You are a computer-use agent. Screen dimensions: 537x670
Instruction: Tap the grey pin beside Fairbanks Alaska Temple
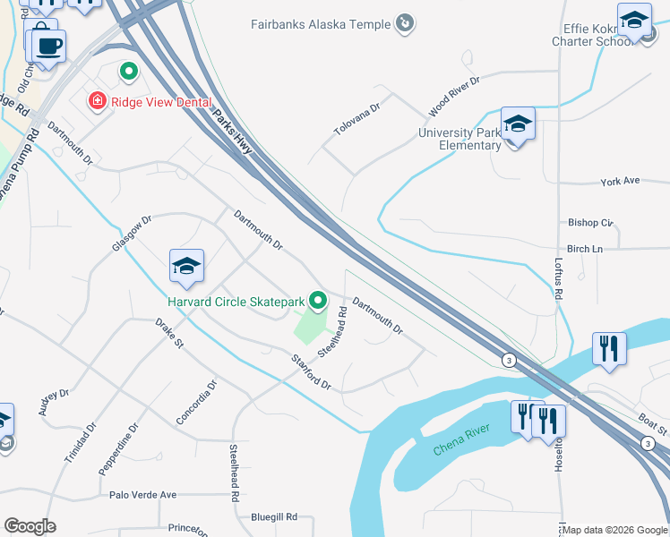pos(405,23)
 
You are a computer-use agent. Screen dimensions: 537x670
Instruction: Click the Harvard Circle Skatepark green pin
pos(316,301)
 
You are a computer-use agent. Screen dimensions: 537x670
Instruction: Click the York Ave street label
pos(620,181)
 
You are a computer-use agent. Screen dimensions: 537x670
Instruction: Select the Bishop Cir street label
pos(590,222)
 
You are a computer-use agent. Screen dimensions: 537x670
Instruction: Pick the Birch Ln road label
pos(586,249)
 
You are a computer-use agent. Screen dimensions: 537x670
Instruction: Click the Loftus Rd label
pos(558,278)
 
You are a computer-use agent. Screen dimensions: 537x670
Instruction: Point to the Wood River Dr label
pos(454,96)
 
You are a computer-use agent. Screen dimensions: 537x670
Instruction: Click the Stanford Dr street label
pos(312,372)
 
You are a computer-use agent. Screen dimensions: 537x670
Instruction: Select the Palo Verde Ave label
pos(142,494)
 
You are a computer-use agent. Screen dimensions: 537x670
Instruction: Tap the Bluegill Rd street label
pos(274,516)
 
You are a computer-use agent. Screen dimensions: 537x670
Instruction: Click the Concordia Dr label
pos(197,402)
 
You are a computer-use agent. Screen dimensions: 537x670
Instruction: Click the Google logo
pos(30,526)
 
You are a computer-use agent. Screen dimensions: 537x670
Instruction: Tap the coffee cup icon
pos(49,45)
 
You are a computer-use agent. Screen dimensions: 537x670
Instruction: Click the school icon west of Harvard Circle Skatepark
pos(186,266)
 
